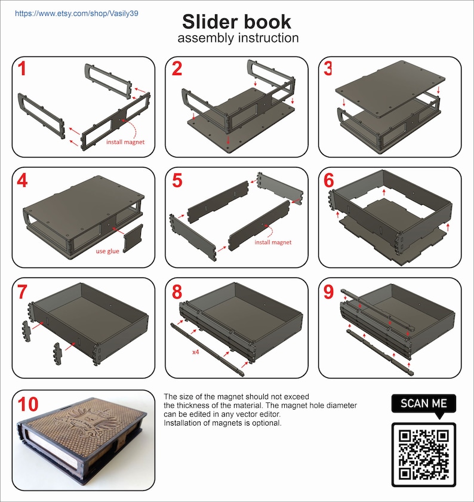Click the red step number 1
click(22, 69)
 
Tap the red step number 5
click(177, 181)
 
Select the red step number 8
click(177, 292)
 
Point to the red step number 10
click(29, 404)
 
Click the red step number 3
click(328, 69)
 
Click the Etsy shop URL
click(76, 13)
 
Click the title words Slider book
click(237, 21)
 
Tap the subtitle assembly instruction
click(237, 38)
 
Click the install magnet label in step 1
click(125, 143)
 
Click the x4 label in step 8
click(196, 352)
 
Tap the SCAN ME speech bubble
click(423, 404)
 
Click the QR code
click(423, 454)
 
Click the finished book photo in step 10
click(84, 442)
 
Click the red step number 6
click(330, 181)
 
